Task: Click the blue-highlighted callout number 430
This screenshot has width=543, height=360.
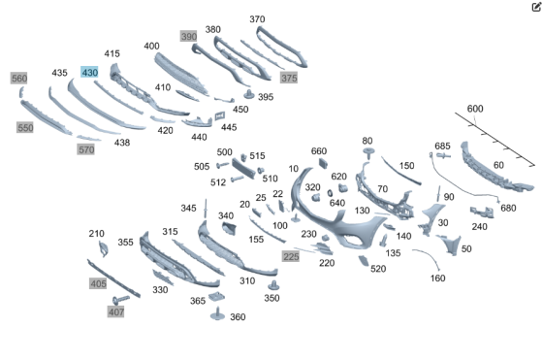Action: coord(89,72)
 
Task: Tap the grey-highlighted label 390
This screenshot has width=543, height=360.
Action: coord(189,36)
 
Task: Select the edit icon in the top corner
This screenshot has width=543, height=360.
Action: coord(536,7)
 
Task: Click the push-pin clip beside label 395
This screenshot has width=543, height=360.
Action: coord(248,94)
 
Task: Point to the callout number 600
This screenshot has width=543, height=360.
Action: coord(475,109)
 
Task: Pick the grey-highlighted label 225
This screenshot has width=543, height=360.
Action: coord(291,256)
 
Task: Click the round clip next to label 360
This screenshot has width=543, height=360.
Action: coord(217,313)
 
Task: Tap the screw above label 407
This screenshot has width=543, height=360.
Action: coord(120,300)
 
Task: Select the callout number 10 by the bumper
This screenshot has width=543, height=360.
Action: coord(293,169)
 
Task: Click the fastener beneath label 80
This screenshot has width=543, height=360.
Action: coord(368,152)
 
